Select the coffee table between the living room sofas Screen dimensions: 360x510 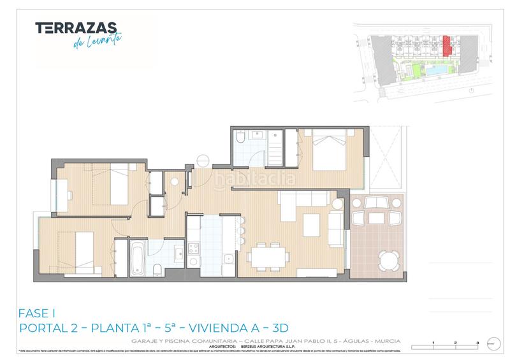click(311, 224)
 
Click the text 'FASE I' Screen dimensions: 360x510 click(38, 313)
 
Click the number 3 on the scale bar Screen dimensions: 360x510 click(477, 343)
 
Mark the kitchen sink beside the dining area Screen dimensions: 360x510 click(228, 258)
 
